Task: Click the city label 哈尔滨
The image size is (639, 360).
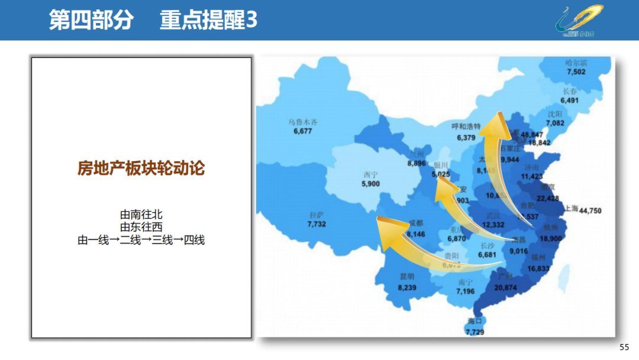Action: (576, 62)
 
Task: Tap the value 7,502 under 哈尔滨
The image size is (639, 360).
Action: (576, 72)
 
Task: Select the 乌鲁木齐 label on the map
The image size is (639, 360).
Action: (303, 122)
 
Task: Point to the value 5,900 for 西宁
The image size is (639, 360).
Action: (370, 184)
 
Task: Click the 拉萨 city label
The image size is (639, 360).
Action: (317, 215)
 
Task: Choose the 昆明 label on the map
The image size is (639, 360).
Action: (407, 277)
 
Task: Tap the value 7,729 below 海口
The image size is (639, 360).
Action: (475, 332)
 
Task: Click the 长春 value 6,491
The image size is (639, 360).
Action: (570, 101)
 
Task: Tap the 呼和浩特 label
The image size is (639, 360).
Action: (466, 127)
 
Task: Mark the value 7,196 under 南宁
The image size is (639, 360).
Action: (466, 291)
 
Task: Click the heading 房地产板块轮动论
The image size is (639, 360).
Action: (141, 169)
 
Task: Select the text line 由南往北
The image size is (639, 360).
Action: (141, 214)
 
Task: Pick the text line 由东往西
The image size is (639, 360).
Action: (141, 227)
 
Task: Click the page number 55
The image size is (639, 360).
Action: (624, 347)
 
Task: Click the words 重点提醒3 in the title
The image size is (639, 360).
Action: (208, 21)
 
